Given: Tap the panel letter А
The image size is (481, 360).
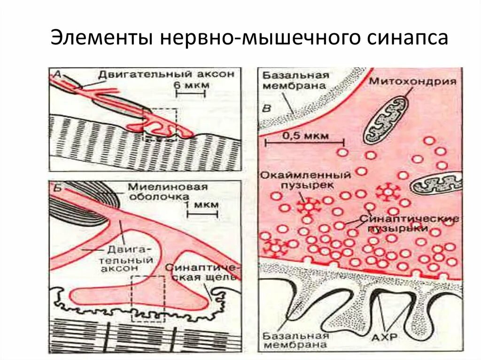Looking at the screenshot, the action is pyautogui.click(x=57, y=73).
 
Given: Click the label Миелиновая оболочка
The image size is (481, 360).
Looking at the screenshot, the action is pyautogui.click(x=167, y=191).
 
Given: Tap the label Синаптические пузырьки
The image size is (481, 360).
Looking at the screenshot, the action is pyautogui.click(x=408, y=223).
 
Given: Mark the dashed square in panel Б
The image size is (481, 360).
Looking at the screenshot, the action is pyautogui.click(x=148, y=298).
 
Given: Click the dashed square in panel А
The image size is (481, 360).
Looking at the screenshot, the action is pyautogui.click(x=160, y=124).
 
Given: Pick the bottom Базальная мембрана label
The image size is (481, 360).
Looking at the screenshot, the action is pyautogui.click(x=295, y=341).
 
